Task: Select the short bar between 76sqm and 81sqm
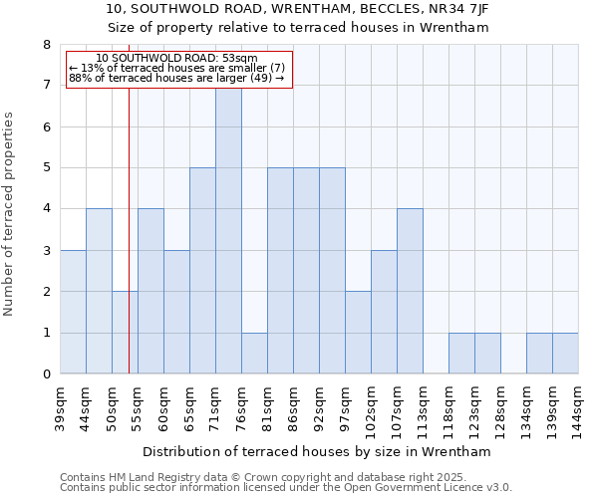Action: (x=254, y=353)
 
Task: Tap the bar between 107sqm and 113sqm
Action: (x=410, y=291)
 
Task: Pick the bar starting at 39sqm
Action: (x=73, y=312)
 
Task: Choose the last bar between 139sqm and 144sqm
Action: (x=565, y=353)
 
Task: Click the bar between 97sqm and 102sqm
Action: (x=358, y=333)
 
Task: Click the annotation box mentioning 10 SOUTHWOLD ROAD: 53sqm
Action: (x=178, y=69)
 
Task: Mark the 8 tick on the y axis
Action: (x=46, y=45)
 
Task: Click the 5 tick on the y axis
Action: (x=46, y=168)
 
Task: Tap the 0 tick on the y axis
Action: (x=46, y=374)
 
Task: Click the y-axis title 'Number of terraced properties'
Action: (x=10, y=213)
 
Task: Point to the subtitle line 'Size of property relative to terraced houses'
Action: (x=299, y=28)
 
